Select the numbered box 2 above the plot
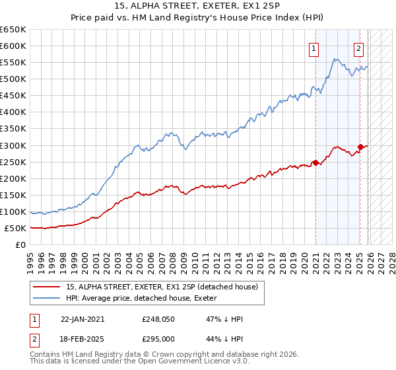[x=358, y=48]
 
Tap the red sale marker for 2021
[x=315, y=163]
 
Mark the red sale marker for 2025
[x=360, y=147]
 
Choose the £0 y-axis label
[x=21, y=244]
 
